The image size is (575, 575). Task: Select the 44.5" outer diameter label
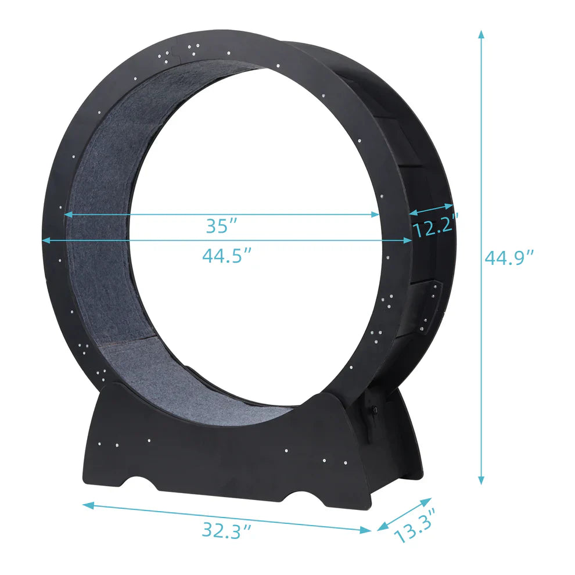pos(227,255)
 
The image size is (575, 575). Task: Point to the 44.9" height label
pos(509,257)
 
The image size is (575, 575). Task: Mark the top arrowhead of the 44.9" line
pos(481,34)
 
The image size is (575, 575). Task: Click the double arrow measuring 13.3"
pos(405,514)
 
